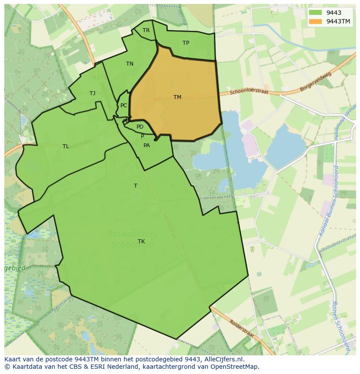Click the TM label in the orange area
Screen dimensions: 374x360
point(177,97)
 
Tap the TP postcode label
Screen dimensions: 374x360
point(186,43)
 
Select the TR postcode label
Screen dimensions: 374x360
point(146,30)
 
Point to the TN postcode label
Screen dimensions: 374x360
point(130,64)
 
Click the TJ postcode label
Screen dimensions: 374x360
point(92,93)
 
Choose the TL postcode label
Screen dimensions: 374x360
point(66,146)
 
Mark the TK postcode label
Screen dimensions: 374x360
point(141,242)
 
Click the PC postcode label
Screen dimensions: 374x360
point(124,106)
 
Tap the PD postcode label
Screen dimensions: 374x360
point(140,127)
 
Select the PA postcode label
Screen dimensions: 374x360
point(147,146)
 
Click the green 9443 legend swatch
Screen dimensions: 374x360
point(316,13)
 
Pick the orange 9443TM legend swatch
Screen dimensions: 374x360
point(316,21)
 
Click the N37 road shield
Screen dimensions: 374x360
point(98,77)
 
